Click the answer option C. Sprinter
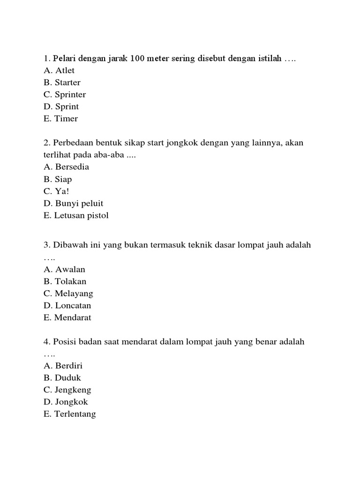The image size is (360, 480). pyautogui.click(x=64, y=95)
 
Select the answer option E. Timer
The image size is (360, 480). pyautogui.click(x=60, y=119)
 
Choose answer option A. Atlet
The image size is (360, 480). pyautogui.click(x=59, y=70)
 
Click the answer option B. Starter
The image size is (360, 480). pyautogui.click(x=61, y=82)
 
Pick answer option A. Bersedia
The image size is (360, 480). pyautogui.click(x=66, y=167)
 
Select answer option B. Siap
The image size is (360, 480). pyautogui.click(x=57, y=179)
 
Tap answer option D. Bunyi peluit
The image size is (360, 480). pyautogui.click(x=73, y=203)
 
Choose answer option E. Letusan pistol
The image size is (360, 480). pyautogui.click(x=75, y=216)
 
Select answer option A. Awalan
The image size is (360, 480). pyautogui.click(x=64, y=270)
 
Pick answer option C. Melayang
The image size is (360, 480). pyautogui.click(x=68, y=293)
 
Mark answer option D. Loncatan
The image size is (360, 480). pyautogui.click(x=67, y=306)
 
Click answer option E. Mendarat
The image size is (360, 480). pyautogui.click(x=67, y=318)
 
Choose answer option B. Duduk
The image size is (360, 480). pyautogui.click(x=62, y=378)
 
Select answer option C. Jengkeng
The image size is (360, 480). pyautogui.click(x=67, y=390)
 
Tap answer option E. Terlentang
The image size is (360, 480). pyautogui.click(x=69, y=414)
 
